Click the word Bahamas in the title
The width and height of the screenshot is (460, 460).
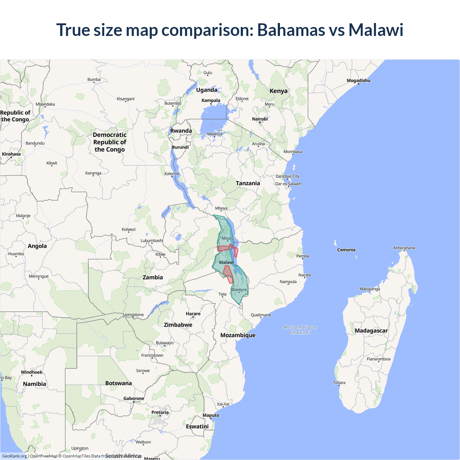point(291,30)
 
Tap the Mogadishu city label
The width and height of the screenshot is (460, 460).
point(358,80)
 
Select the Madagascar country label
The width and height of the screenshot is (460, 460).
point(371,331)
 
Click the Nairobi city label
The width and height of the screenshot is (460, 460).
point(260,119)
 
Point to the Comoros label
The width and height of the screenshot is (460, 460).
point(346,250)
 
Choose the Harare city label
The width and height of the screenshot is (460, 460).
point(193,314)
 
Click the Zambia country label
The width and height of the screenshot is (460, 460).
point(153,277)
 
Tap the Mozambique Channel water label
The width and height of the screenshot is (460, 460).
point(300,330)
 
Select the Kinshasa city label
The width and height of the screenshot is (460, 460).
point(11,154)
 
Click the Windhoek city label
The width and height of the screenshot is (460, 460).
point(32,372)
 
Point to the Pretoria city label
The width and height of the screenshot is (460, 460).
point(160,412)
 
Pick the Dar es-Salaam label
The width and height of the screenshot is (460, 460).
point(288,184)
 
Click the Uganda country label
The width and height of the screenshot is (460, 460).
point(207,90)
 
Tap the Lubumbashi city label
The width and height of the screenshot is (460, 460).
point(152,240)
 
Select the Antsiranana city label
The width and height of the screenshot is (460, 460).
point(404,248)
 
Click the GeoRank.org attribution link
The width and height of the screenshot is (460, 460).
point(14,456)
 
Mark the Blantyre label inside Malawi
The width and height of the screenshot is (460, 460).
point(239,290)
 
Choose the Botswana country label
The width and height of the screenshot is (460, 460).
point(119,383)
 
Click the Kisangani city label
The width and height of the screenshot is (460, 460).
point(125,99)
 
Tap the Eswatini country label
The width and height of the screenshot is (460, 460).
point(197,426)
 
